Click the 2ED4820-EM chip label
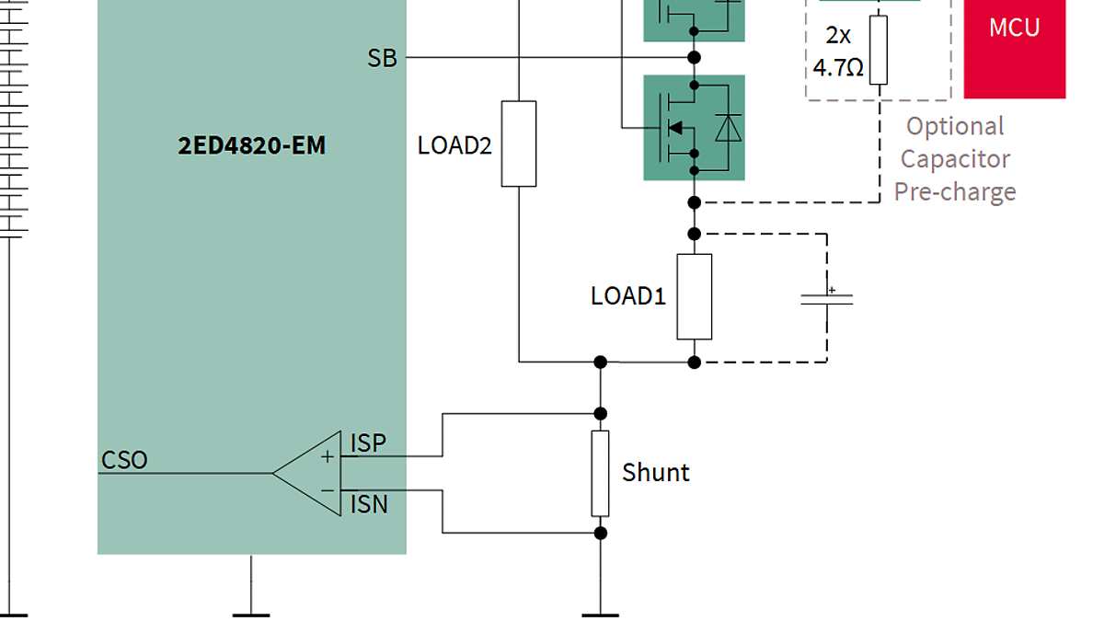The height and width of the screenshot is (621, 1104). click(x=251, y=145)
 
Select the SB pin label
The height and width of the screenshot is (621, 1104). click(x=382, y=58)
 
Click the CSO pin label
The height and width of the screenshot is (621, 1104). click(x=124, y=460)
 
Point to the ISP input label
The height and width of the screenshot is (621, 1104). click(x=368, y=443)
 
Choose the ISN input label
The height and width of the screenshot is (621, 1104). click(x=368, y=504)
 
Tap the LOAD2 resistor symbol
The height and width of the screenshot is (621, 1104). click(x=519, y=144)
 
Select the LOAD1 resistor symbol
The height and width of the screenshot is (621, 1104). click(x=694, y=297)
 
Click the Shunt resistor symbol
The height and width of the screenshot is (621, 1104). click(x=600, y=473)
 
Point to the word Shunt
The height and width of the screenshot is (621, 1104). click(x=655, y=473)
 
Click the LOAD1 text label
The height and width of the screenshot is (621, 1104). click(x=627, y=296)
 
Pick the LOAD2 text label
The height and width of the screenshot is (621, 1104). click(x=454, y=145)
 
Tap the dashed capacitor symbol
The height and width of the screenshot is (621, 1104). click(x=826, y=299)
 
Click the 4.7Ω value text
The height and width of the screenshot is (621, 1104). click(x=837, y=67)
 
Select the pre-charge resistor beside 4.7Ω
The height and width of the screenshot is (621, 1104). click(x=879, y=50)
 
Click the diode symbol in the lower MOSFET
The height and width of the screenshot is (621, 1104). click(x=728, y=129)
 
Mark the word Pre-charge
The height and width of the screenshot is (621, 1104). click(x=955, y=191)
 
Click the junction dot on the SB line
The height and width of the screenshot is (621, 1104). click(x=695, y=58)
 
